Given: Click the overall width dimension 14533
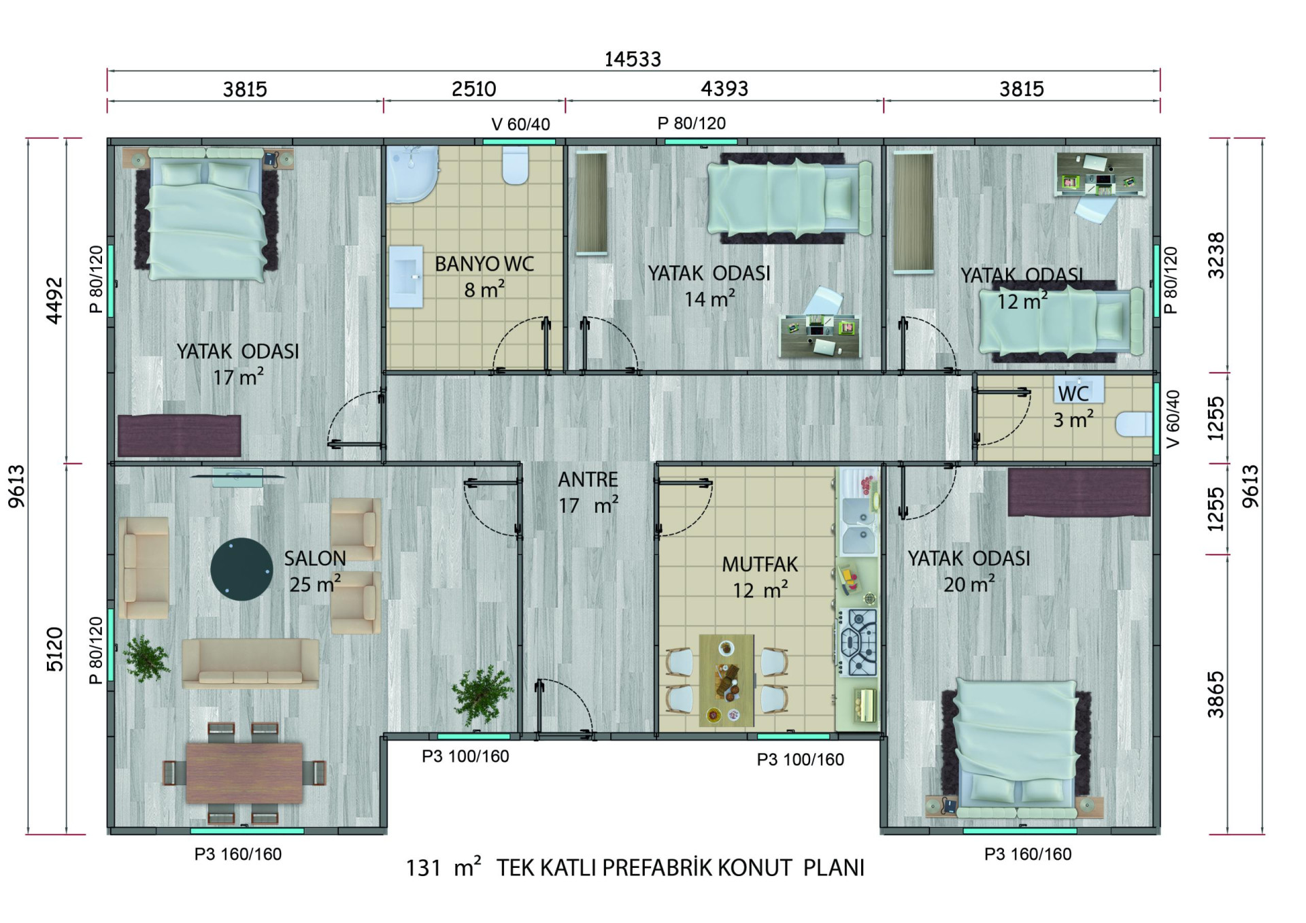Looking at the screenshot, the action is [633, 59].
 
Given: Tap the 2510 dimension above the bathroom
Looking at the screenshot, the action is [474, 89].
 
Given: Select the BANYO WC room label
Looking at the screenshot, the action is [484, 264].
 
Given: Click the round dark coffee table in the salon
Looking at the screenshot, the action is [241, 569].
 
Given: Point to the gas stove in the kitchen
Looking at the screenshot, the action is [858, 642].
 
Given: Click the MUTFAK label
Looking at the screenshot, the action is [760, 565].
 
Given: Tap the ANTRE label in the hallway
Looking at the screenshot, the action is [588, 480].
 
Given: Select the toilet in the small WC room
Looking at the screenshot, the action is [1134, 424].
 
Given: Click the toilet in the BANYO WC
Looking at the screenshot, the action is [515, 165].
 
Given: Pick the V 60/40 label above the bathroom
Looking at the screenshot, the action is [521, 124].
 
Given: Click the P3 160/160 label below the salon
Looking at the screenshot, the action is [238, 854].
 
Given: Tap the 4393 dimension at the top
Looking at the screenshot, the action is [724, 88].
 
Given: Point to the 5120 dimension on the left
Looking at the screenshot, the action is [54, 650].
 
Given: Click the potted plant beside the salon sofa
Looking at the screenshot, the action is [146, 658].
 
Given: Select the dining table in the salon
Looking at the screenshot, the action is [244, 773].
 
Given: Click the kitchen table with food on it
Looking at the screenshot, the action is [726, 679].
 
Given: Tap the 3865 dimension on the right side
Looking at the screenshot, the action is [1216, 694].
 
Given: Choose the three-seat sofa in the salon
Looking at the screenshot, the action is [250, 662].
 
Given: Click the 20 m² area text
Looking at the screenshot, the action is [969, 584].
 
